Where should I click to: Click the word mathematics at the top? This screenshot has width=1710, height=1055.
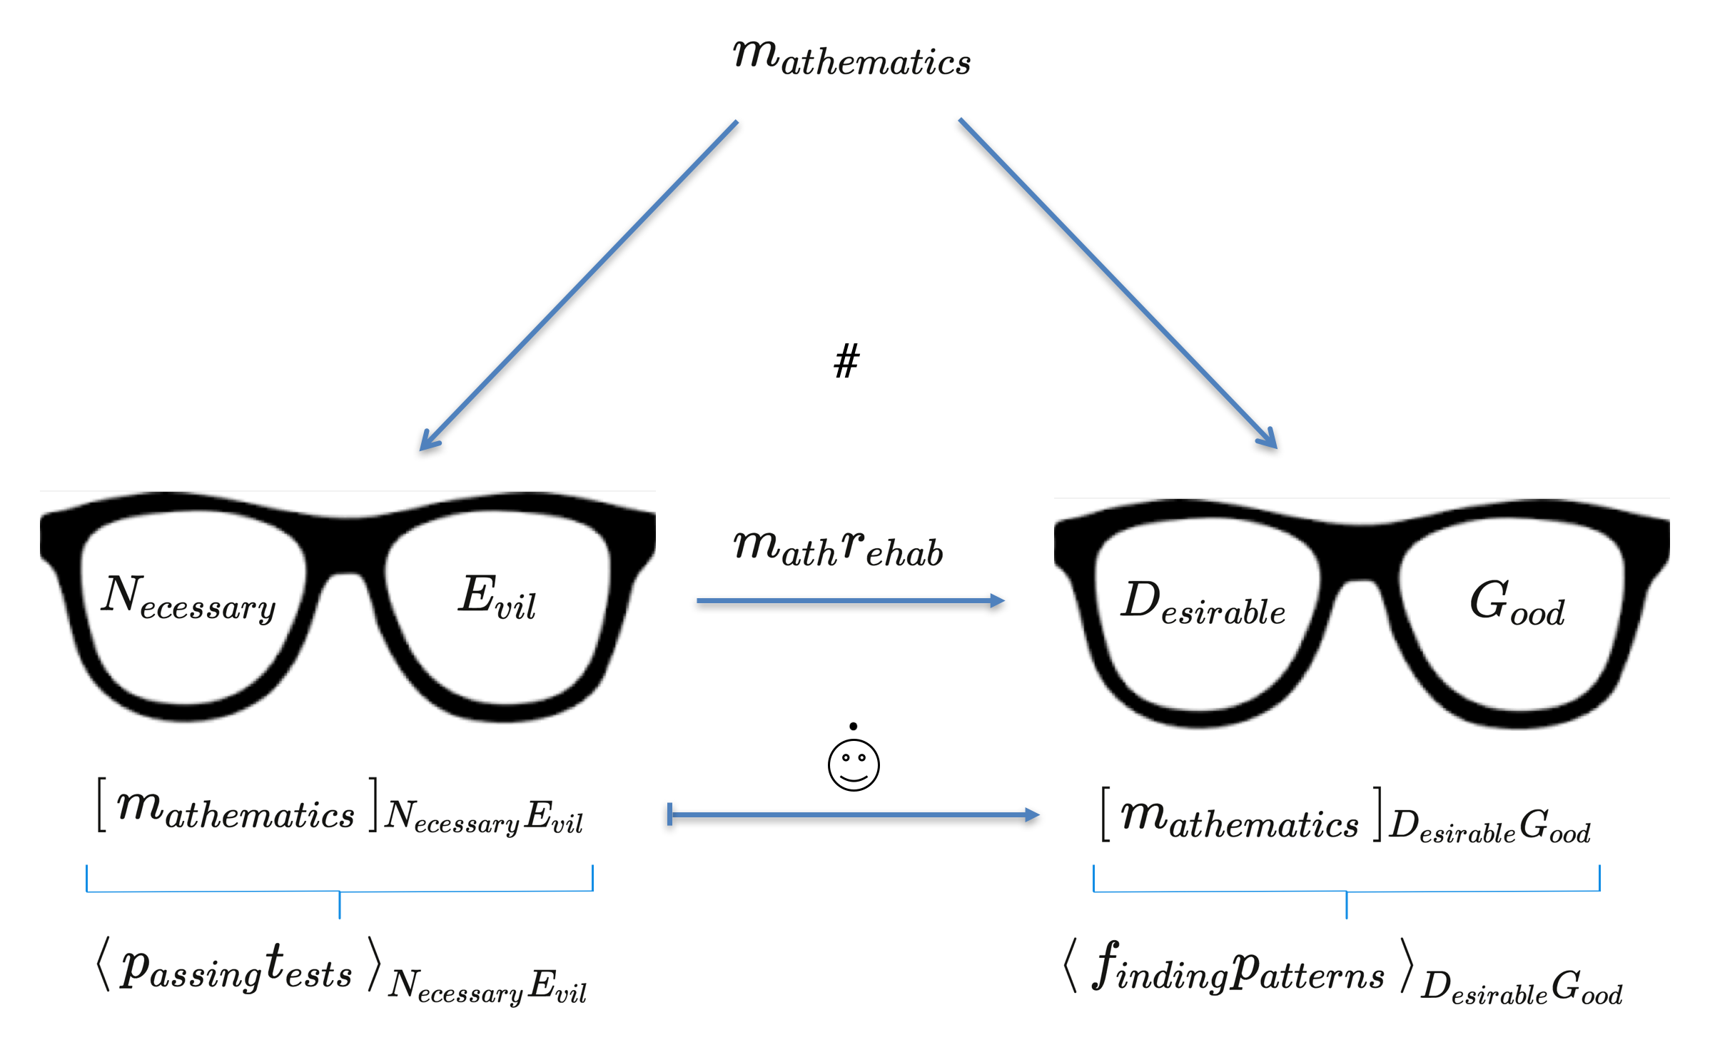[851, 59]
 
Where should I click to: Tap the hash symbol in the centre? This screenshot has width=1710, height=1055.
[847, 360]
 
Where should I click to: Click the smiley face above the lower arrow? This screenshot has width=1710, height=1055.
[854, 764]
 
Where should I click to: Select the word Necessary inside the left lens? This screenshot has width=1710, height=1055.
[188, 600]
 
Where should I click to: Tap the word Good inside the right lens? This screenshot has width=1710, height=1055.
[1517, 605]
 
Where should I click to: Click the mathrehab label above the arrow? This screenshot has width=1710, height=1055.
[839, 550]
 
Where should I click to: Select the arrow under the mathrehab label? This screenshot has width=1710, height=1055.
[850, 601]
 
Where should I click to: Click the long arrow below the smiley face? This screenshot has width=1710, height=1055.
[854, 814]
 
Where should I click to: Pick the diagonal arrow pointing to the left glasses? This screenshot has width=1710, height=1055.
[578, 286]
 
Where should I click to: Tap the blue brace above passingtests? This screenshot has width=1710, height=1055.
[340, 892]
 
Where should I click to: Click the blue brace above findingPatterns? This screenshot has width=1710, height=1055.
[1347, 892]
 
